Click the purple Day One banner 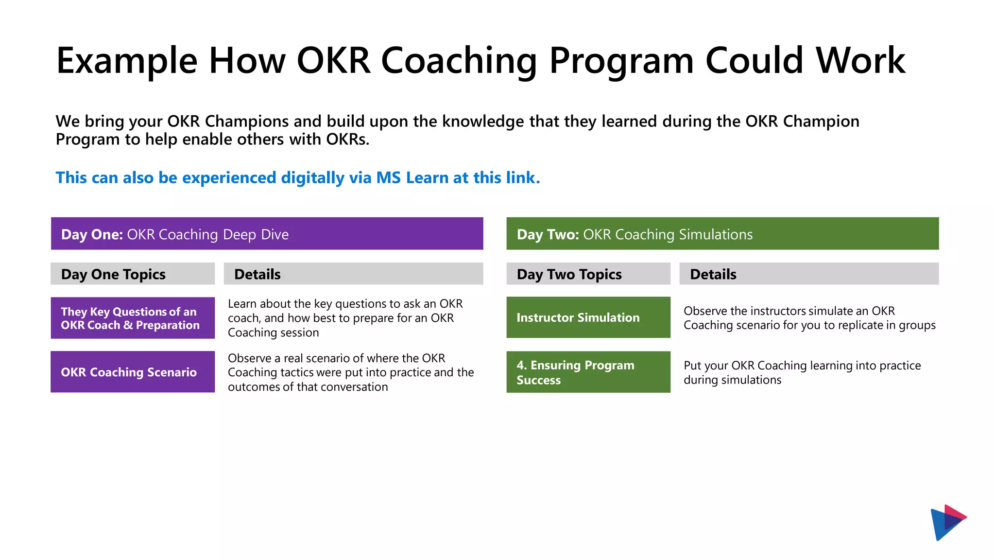point(267,234)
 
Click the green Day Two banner point(722,234)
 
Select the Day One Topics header point(132,274)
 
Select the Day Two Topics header point(588,274)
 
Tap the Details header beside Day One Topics point(353,274)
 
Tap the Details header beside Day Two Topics point(808,274)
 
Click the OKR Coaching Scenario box point(132,372)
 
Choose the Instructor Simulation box point(588,317)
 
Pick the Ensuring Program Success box point(588,372)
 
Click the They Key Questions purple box point(132,318)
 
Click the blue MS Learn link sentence point(297,178)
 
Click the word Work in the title point(860,61)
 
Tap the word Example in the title point(127,61)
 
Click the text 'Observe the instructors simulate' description point(809,318)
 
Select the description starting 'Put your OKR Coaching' point(802,372)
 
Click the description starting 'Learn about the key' point(345,318)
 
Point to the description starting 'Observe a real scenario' point(350,372)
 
